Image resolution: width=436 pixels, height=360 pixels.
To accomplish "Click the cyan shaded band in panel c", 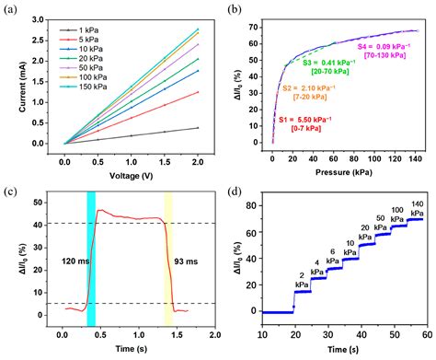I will [90, 258].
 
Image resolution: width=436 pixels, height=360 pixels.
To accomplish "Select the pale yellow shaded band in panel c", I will [168, 258].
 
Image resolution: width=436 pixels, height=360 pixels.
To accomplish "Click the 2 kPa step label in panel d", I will [302, 277].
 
